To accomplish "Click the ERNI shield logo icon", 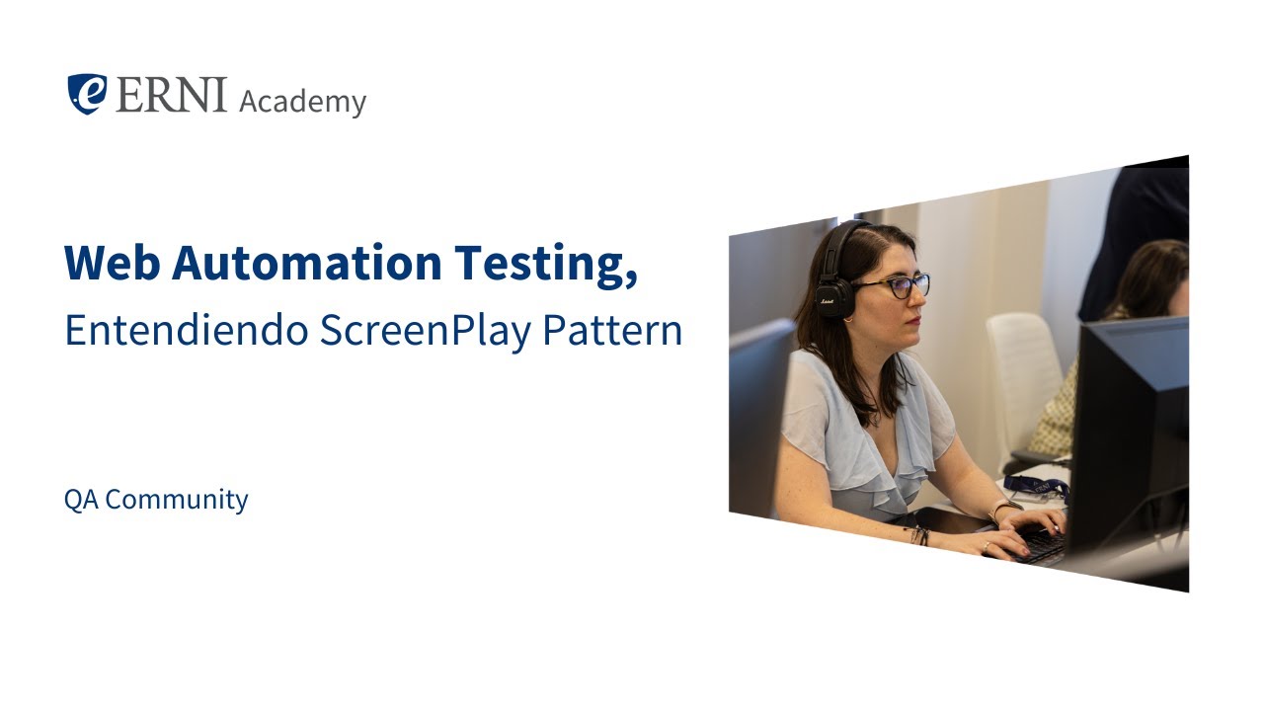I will (87, 94).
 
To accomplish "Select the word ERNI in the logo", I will (171, 95).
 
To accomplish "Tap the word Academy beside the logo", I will (302, 101).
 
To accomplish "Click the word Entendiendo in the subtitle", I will (187, 331).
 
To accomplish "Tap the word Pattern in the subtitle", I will (612, 331).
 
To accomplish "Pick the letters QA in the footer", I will (81, 500).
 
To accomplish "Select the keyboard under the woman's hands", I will (1037, 544).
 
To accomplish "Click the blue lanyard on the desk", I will (1037, 487).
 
